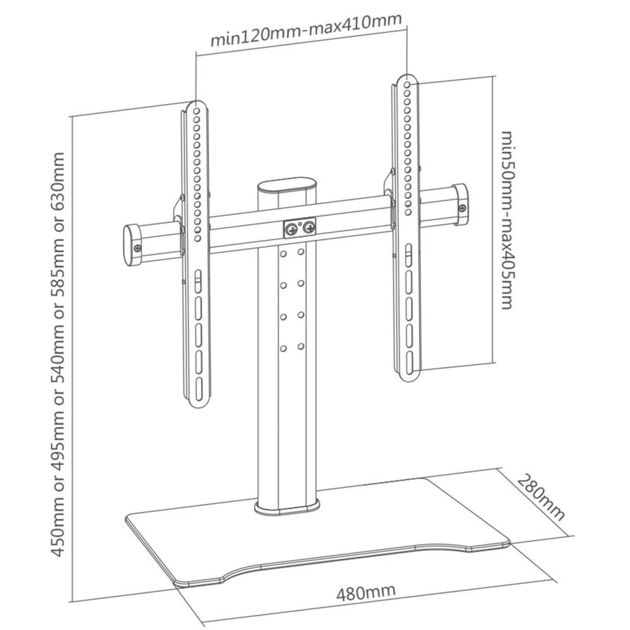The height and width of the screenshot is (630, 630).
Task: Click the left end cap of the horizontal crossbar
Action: (132, 246)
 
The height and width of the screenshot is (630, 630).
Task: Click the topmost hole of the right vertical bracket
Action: (408, 84)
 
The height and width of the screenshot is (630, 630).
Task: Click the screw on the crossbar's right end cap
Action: (463, 209)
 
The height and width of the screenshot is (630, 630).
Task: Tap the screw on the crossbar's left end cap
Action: (135, 250)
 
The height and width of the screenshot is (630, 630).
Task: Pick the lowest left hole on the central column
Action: (283, 348)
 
